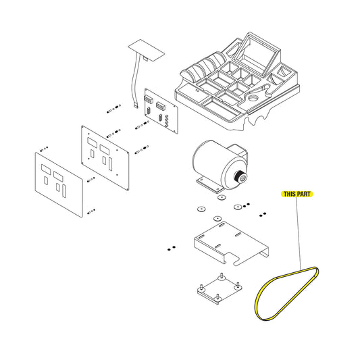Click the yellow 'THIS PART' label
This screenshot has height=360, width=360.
[x=297, y=194]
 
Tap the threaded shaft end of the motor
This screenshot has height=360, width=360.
[x=240, y=177]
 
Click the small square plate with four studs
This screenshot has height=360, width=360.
[x=220, y=288]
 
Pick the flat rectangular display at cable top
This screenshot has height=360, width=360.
[x=147, y=50]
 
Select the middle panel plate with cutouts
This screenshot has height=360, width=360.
[x=105, y=158]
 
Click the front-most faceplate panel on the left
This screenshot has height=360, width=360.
[x=59, y=184]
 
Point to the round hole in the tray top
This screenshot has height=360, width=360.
[x=253, y=97]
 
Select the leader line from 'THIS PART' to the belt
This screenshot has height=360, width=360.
[x=299, y=233]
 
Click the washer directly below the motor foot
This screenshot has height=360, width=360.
[x=222, y=197]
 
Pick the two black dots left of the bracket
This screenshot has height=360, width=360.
[x=172, y=248]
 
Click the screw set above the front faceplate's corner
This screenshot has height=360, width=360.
[x=44, y=149]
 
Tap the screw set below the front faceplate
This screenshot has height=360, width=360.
[x=91, y=211]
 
